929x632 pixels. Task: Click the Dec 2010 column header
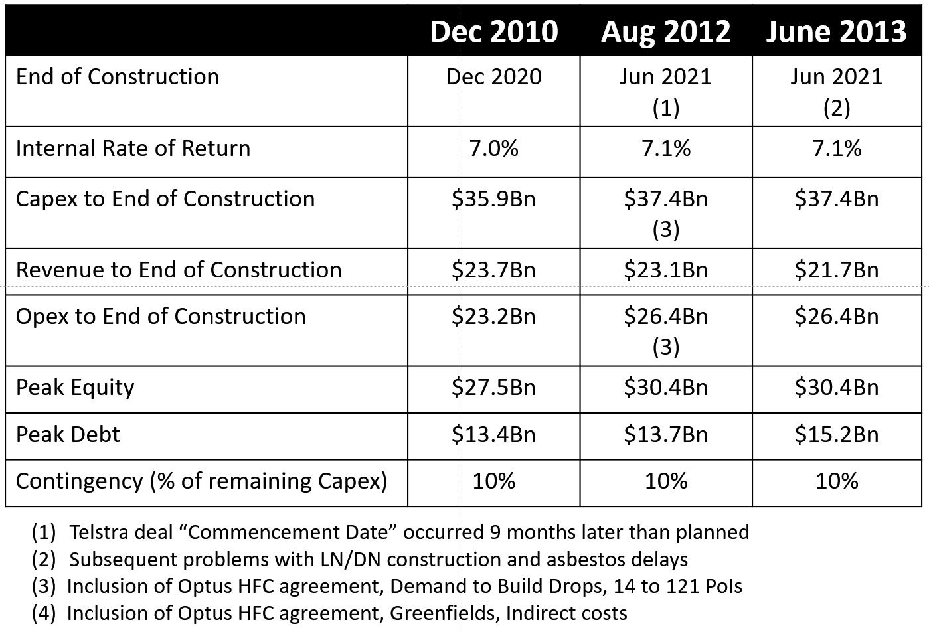pyautogui.click(x=493, y=31)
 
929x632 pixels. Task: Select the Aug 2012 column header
pyautogui.click(x=665, y=31)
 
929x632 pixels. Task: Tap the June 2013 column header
pyautogui.click(x=836, y=31)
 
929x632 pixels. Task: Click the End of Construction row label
pyautogui.click(x=118, y=76)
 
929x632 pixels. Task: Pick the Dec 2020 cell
pyautogui.click(x=493, y=76)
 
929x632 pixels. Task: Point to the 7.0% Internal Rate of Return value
pyautogui.click(x=493, y=148)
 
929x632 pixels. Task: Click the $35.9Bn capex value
pyautogui.click(x=493, y=198)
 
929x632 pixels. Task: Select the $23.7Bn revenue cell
pyautogui.click(x=493, y=270)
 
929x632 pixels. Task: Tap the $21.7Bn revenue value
pyautogui.click(x=837, y=270)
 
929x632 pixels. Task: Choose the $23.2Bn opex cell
pyautogui.click(x=493, y=316)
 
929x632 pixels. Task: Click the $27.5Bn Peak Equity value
pyautogui.click(x=493, y=387)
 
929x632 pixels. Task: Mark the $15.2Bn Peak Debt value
pyautogui.click(x=837, y=434)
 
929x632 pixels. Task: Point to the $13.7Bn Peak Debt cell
pyautogui.click(x=665, y=434)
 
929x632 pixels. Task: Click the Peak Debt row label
pyautogui.click(x=68, y=434)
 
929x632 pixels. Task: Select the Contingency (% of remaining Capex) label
pyautogui.click(x=201, y=481)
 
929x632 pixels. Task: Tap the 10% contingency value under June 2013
pyautogui.click(x=837, y=481)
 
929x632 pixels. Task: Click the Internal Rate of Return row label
pyautogui.click(x=133, y=148)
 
